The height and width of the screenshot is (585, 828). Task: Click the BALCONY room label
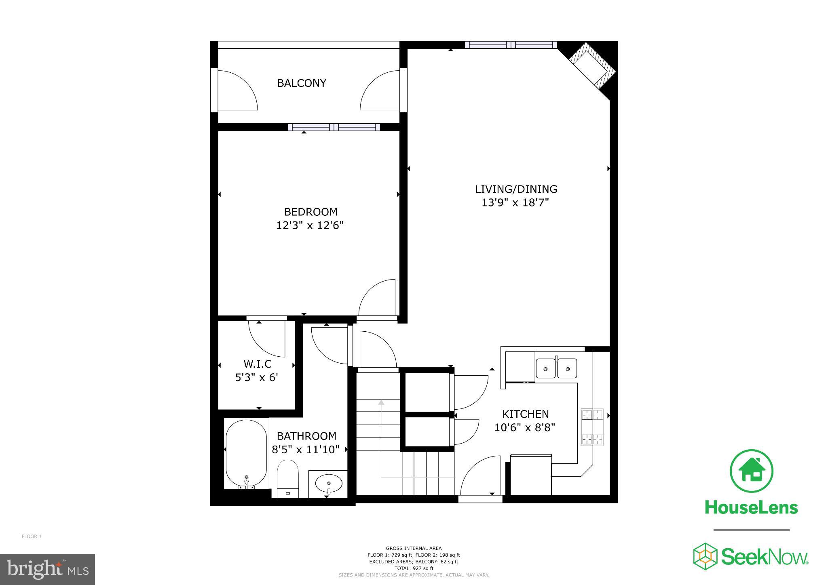click(x=301, y=83)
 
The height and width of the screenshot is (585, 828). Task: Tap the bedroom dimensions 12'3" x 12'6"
click(x=310, y=225)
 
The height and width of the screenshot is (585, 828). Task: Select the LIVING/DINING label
click(x=516, y=189)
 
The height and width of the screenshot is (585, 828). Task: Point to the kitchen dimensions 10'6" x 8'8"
click(x=525, y=427)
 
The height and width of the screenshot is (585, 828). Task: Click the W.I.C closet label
click(x=257, y=364)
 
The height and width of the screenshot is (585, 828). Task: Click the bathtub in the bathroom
click(x=246, y=453)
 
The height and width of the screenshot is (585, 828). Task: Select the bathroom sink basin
click(x=328, y=483)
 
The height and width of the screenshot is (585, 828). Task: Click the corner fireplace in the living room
click(x=591, y=67)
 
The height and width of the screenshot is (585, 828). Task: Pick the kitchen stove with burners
click(x=592, y=427)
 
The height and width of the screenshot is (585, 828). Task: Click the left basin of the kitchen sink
click(x=545, y=368)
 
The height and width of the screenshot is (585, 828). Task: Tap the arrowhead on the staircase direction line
click(x=381, y=402)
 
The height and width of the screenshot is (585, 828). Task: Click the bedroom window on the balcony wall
click(x=334, y=127)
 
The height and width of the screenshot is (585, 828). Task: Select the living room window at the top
click(x=511, y=45)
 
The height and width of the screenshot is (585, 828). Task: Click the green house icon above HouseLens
click(x=751, y=471)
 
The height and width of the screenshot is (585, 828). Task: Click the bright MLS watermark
click(x=48, y=569)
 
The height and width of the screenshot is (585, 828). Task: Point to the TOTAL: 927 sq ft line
click(x=414, y=568)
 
